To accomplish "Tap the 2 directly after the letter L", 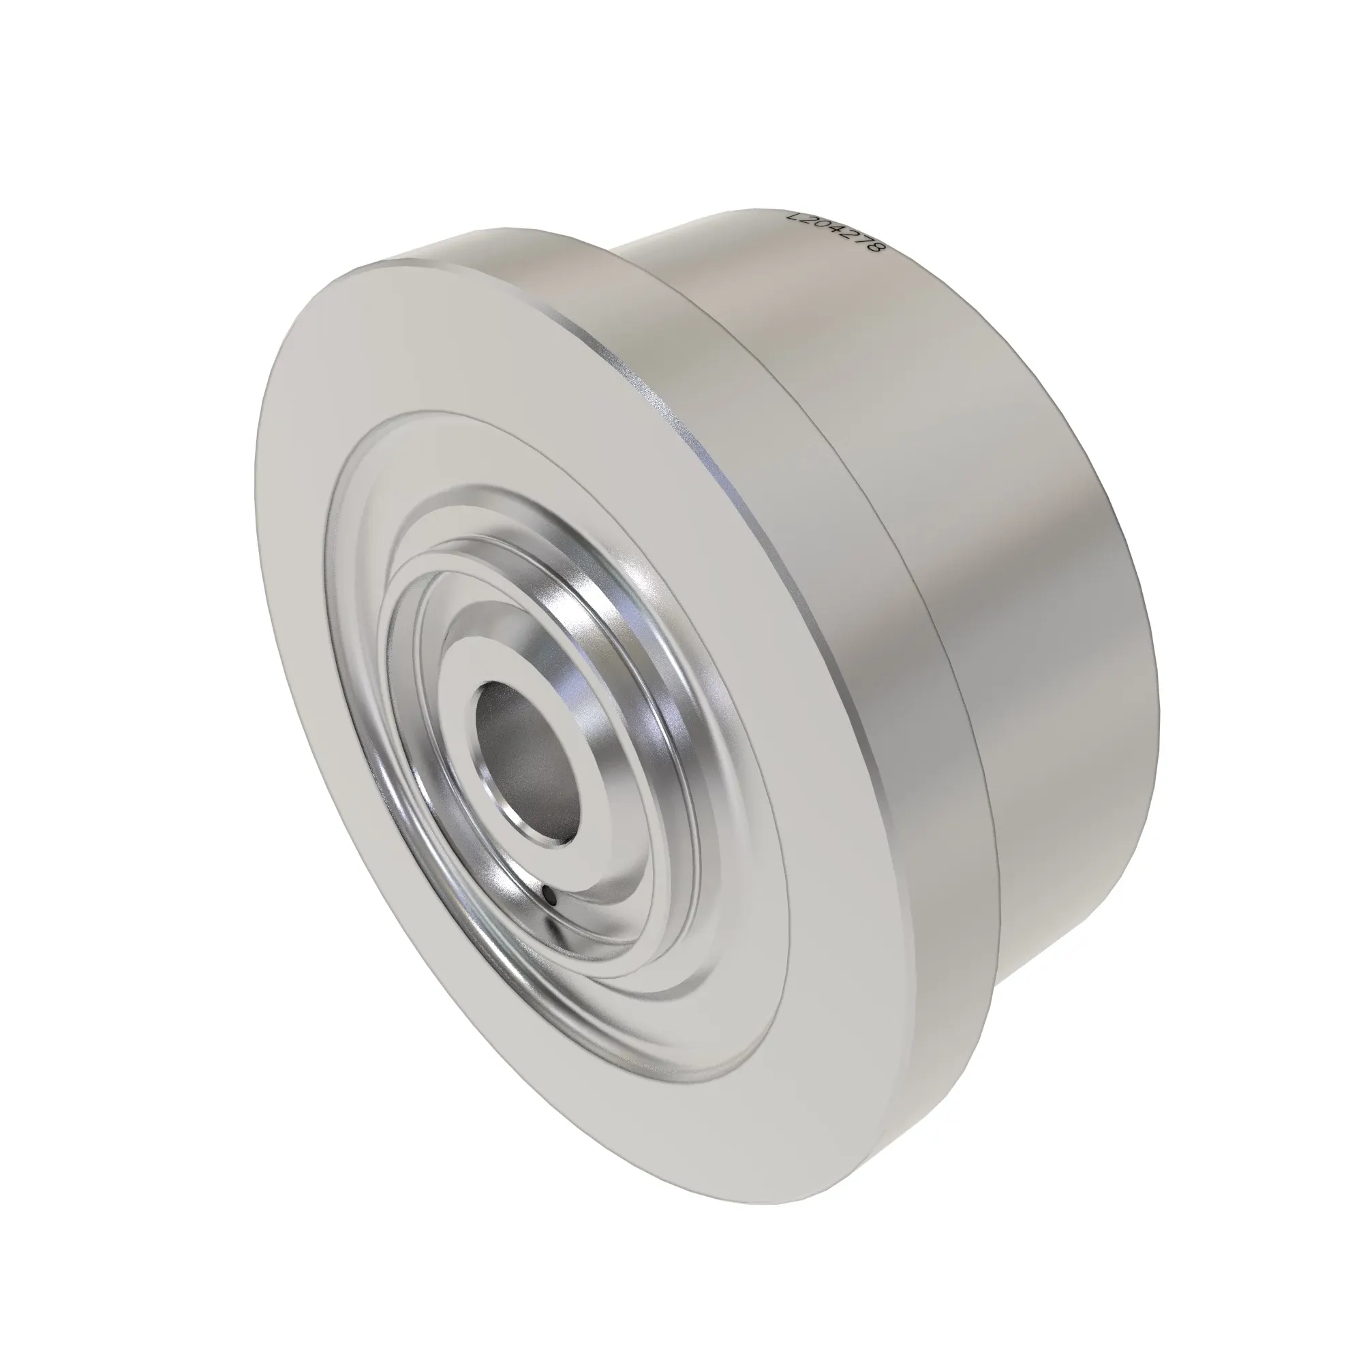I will click(806, 223).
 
